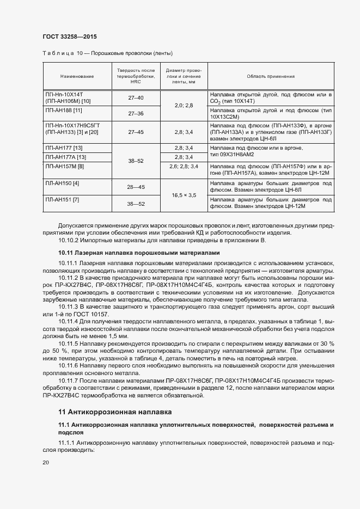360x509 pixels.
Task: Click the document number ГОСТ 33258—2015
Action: tap(69, 36)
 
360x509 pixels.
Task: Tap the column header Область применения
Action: tap(270, 77)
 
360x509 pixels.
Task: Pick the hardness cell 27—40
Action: tap(136, 97)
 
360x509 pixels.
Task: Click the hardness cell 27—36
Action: tap(136, 114)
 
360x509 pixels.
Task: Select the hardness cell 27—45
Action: tap(136, 132)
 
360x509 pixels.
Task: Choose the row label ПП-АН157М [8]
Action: tap(65, 166)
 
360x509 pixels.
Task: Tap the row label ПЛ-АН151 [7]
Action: tap(63, 200)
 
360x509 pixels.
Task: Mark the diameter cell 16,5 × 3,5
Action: tap(184, 195)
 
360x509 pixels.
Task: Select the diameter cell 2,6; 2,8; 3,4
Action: tap(184, 166)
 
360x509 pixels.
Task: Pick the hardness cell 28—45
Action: tap(136, 187)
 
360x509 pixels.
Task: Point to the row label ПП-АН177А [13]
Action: tap(66, 157)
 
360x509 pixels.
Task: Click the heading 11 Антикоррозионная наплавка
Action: tap(115, 412)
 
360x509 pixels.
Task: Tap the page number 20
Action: tap(45, 462)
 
